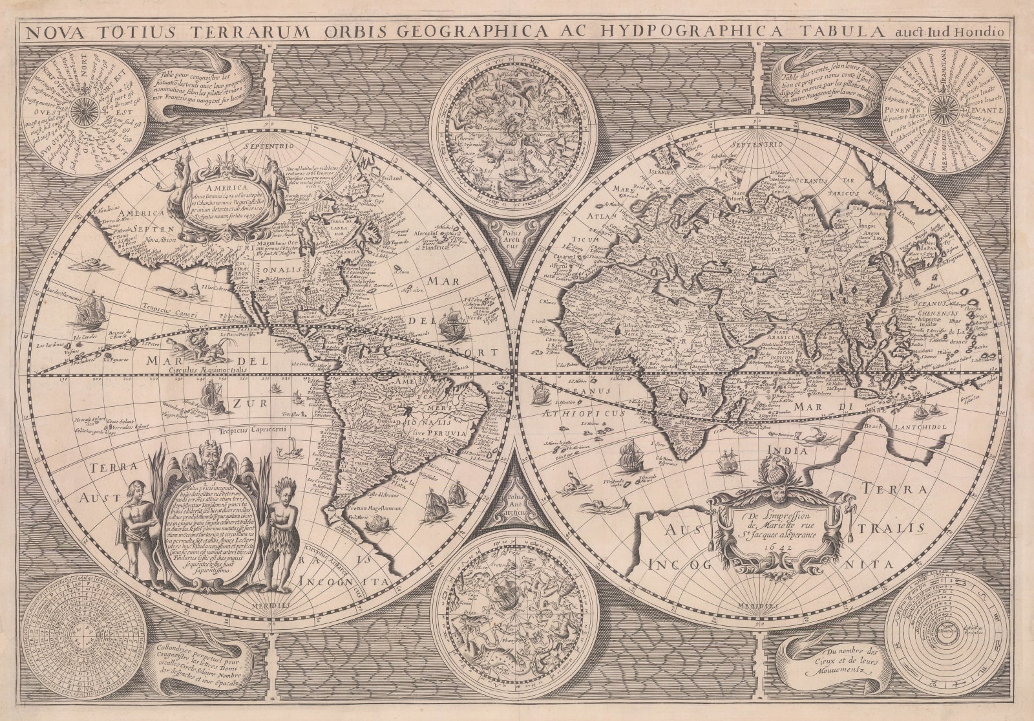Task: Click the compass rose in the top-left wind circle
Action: click(x=83, y=114)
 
